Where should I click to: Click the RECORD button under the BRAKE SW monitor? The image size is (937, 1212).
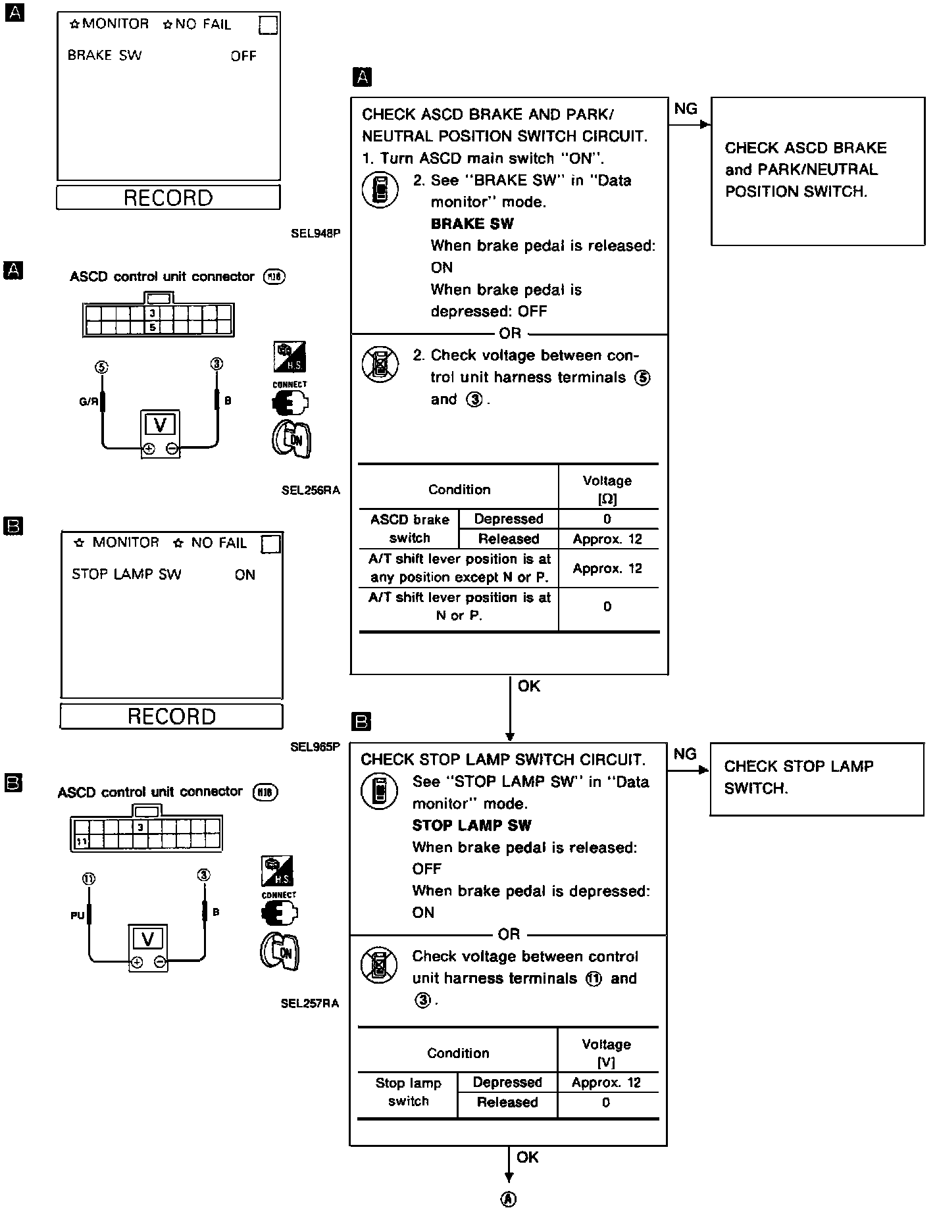[168, 197]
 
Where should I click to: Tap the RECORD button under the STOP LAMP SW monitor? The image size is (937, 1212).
[171, 716]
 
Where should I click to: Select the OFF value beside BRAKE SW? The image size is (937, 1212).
[243, 56]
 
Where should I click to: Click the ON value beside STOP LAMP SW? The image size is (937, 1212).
[245, 574]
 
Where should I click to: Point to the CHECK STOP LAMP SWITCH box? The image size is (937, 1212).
[817, 778]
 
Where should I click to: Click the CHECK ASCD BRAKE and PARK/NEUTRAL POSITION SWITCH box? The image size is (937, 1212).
[817, 170]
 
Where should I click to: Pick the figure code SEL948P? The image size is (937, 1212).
[315, 232]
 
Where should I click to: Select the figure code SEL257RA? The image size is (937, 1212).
[309, 1003]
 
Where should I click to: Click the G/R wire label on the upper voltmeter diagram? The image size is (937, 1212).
[88, 401]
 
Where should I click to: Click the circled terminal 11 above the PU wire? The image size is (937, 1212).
[89, 878]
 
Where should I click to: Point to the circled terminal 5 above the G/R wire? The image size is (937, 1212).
[101, 366]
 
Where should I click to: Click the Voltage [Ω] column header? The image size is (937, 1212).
[607, 490]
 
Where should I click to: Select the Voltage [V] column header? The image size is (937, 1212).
[606, 1053]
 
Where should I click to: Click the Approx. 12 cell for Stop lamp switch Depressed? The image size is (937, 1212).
[606, 1082]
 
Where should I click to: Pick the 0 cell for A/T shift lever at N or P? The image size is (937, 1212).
[607, 606]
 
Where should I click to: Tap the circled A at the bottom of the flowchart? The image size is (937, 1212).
[508, 1199]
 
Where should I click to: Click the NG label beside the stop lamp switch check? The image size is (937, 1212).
[685, 754]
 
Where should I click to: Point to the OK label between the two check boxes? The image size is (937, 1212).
[529, 686]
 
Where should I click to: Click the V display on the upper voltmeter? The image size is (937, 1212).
[160, 424]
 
